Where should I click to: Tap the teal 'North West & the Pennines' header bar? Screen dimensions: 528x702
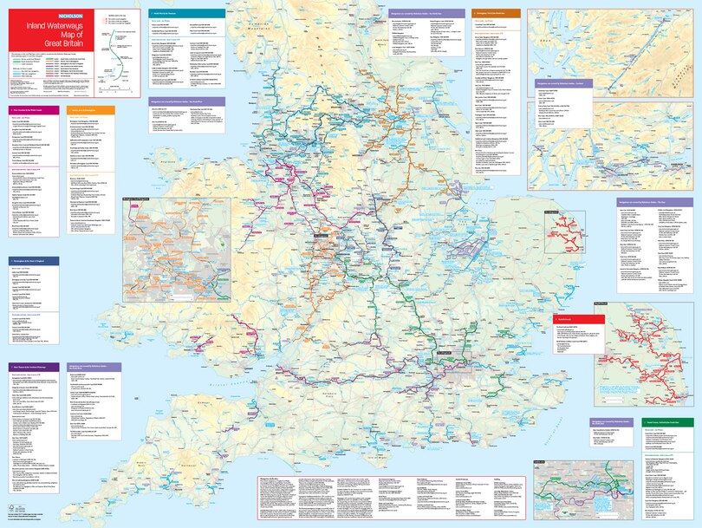click(186, 14)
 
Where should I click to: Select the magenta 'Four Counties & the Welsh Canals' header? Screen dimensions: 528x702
click(35, 110)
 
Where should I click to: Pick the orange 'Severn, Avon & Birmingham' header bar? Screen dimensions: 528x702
click(92, 110)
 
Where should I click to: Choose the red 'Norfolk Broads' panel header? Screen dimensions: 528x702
click(577, 318)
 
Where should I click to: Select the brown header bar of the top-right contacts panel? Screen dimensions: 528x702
click(497, 14)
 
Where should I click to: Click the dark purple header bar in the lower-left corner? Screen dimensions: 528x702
click(35, 367)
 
